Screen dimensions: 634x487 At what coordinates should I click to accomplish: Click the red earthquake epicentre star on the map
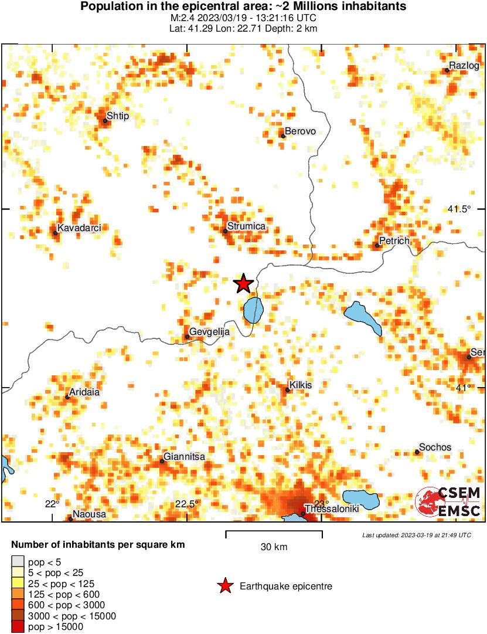coord(243,284)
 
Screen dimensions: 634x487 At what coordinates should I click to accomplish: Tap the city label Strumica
coord(246,226)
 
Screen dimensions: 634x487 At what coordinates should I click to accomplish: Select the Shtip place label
coord(118,116)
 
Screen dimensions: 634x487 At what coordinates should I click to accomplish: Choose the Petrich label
coord(394,240)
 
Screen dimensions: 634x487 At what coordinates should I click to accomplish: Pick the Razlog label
coord(464,65)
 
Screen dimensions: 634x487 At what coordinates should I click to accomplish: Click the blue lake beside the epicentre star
coord(253,310)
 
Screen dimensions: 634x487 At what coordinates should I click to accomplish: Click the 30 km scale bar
coord(274,533)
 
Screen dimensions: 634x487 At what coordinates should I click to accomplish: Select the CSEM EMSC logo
coord(448,503)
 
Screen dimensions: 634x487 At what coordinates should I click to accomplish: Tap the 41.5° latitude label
coord(459,209)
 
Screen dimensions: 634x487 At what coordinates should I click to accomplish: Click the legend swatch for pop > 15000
coord(18,627)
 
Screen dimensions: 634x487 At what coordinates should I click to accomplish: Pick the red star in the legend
coord(224,586)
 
